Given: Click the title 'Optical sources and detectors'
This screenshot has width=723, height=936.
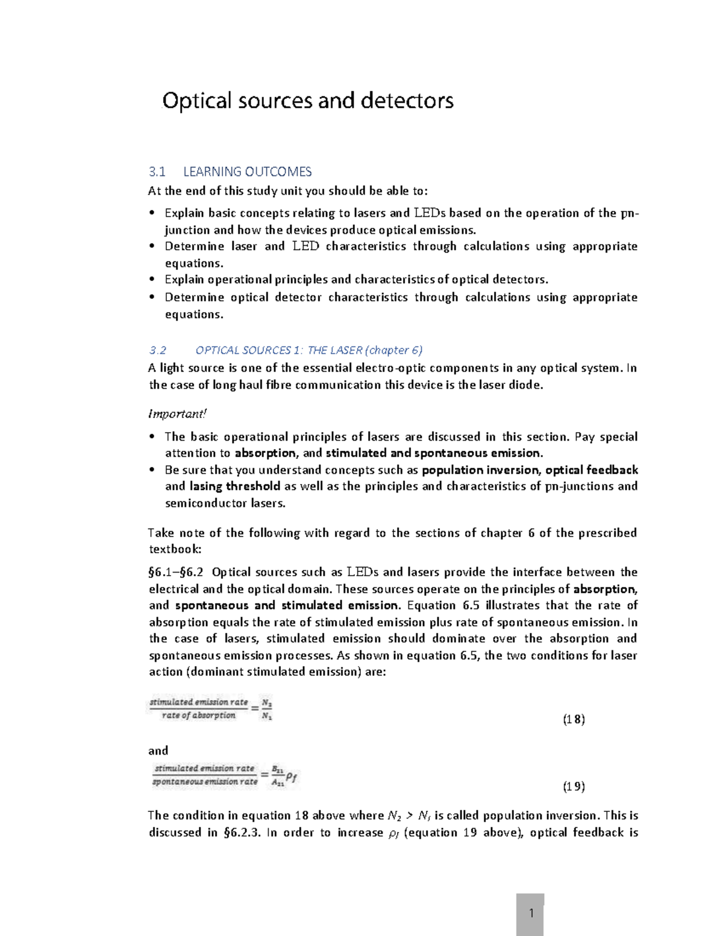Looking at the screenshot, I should click(307, 100).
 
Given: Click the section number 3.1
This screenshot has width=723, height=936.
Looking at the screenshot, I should click(157, 172).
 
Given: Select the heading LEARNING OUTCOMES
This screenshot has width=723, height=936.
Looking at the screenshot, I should click(247, 172).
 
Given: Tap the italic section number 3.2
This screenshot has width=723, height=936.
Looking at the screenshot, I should click(157, 350).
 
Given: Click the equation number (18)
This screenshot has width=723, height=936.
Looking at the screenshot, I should click(574, 719).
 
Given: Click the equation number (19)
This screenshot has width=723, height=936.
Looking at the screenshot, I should click(574, 786).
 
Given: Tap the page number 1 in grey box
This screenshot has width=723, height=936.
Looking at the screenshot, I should click(531, 913).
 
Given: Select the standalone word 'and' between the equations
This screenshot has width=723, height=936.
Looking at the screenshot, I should click(158, 751).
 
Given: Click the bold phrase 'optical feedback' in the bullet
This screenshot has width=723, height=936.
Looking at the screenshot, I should click(592, 470).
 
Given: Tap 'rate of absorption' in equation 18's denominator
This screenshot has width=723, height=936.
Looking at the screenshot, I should click(199, 715).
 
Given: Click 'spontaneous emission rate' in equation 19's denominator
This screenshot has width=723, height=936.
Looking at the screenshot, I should click(205, 782).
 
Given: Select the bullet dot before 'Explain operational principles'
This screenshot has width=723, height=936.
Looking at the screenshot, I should click(152, 280).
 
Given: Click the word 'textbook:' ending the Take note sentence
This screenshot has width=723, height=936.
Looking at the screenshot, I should click(175, 549).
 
